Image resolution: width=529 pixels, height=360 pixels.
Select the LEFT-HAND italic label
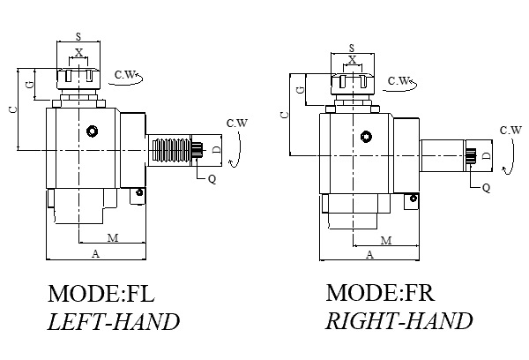(113, 321)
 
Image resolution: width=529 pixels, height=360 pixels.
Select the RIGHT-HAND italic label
(399, 320)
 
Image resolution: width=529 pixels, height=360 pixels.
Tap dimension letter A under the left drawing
(96, 253)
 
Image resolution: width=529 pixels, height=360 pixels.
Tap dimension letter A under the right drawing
(369, 254)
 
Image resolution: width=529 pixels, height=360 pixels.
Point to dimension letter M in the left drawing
(112, 238)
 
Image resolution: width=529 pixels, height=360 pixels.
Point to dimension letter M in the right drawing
(386, 240)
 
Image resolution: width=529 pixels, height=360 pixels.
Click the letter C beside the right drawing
(283, 115)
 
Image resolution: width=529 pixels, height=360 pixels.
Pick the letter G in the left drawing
(30, 85)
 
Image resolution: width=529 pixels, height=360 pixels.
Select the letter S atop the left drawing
(79, 37)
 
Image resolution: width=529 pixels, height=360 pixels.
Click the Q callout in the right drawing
(486, 186)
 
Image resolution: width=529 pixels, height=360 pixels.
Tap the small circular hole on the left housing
(92, 131)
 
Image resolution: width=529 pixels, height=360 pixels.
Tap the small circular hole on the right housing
(365, 138)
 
